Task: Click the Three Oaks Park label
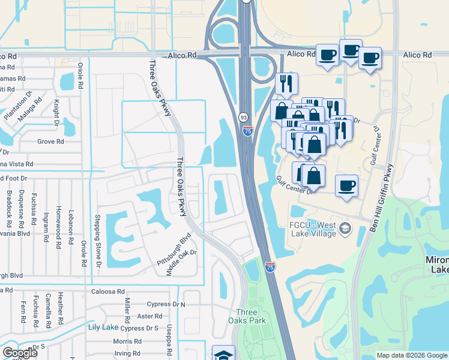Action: (x=247, y=316)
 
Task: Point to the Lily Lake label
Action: (x=103, y=327)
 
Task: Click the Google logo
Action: (x=20, y=352)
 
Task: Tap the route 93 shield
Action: (x=243, y=117)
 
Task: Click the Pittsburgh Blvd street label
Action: (x=173, y=250)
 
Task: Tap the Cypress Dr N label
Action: (x=166, y=304)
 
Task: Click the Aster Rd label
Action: (x=149, y=316)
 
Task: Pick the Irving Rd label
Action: (x=127, y=353)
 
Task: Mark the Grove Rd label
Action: (x=50, y=142)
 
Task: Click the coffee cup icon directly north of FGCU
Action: (x=346, y=185)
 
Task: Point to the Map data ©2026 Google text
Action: (x=411, y=355)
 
